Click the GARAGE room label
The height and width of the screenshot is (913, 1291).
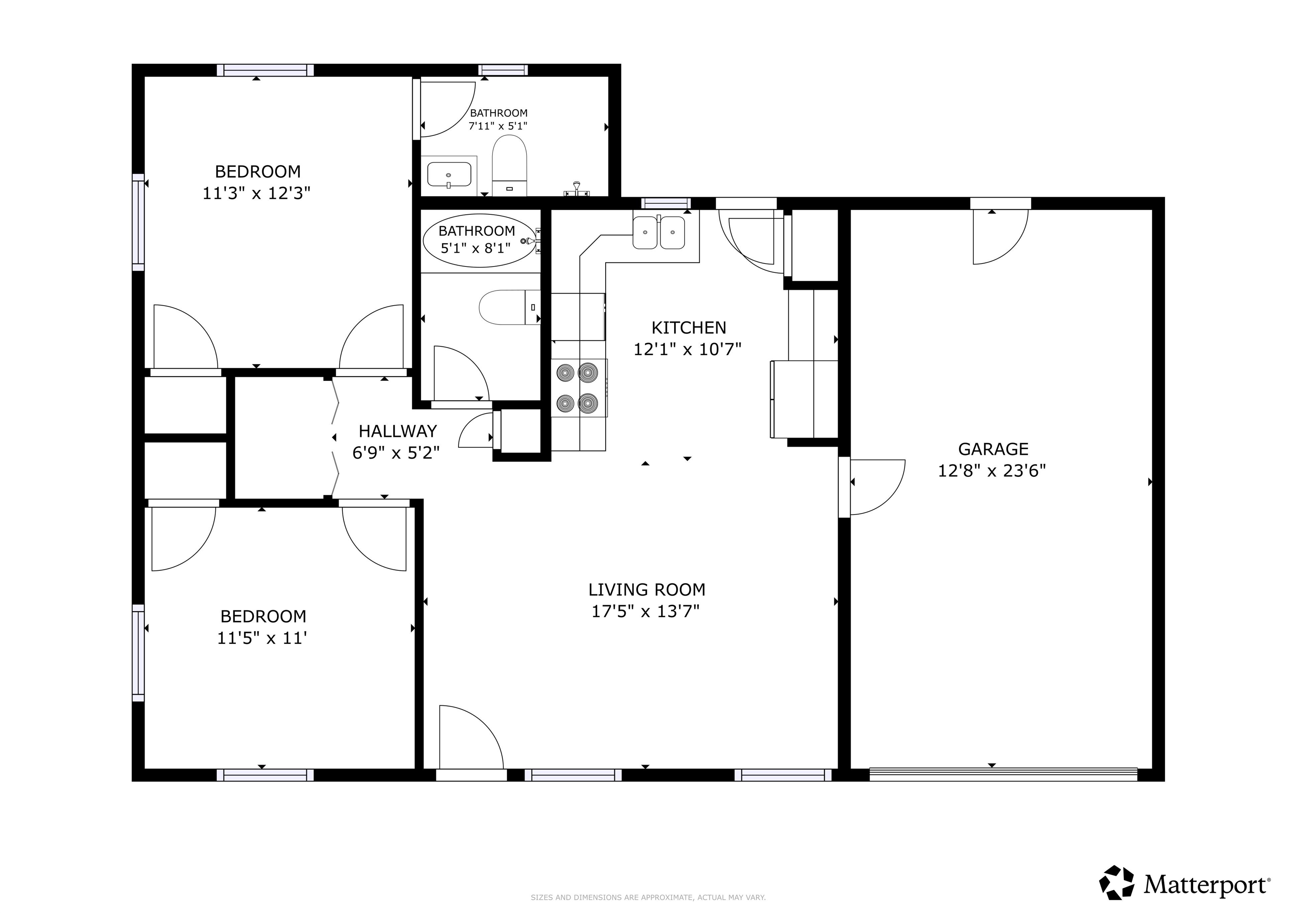[x=993, y=449]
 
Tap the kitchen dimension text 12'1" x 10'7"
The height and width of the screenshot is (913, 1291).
[x=687, y=350]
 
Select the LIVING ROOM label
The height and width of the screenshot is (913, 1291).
[x=647, y=589]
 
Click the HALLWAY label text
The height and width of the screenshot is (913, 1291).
[x=398, y=431]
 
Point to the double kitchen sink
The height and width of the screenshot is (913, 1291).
[x=659, y=232]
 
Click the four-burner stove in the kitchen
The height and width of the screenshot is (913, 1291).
[x=577, y=388]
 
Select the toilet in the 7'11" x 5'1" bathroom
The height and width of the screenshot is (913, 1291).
[x=509, y=166]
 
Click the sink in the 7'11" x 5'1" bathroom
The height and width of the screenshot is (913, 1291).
[x=449, y=174]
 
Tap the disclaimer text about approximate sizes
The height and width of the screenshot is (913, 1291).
[x=648, y=898]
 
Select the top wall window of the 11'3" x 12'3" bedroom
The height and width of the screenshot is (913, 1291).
[x=266, y=70]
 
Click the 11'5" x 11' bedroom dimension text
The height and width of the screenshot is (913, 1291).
[x=262, y=639]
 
